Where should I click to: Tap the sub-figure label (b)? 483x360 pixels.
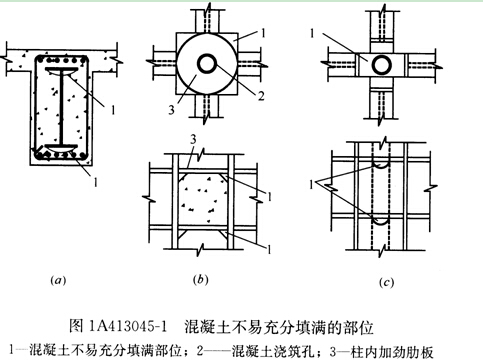tap(200, 279)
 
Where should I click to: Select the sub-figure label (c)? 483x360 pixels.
tap(386, 282)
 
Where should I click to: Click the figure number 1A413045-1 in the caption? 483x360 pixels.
tap(128, 326)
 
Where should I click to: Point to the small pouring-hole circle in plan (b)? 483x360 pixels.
tap(207, 63)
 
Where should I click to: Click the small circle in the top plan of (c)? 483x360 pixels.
tap(382, 65)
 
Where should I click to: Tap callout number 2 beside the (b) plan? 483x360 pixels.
tap(261, 96)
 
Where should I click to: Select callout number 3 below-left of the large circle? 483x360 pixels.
tap(171, 109)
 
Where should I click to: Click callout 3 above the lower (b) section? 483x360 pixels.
tap(193, 139)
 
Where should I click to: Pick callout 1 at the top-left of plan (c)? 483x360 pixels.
tap(312, 33)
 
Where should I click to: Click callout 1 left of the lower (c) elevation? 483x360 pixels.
tap(312, 184)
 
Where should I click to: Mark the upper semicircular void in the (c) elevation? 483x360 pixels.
tap(381, 166)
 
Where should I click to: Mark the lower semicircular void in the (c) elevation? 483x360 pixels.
tap(381, 221)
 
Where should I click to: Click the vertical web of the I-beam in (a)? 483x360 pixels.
tap(62, 108)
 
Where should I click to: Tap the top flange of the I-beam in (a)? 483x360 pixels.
tap(62, 70)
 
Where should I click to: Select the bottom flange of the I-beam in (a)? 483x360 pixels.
tap(62, 148)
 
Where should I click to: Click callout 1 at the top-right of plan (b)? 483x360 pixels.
tap(263, 33)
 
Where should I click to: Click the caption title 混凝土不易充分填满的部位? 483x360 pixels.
tap(279, 326)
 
